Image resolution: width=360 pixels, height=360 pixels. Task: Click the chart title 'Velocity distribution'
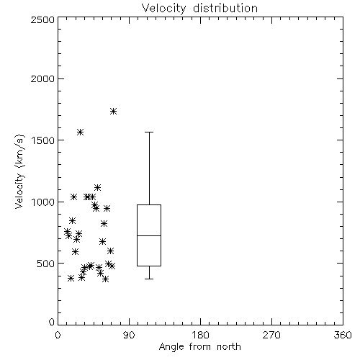[199, 9]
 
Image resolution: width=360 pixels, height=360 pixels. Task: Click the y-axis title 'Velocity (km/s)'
[19, 171]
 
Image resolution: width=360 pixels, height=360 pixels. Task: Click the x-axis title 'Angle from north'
[199, 347]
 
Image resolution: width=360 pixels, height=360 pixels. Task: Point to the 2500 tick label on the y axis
[43, 19]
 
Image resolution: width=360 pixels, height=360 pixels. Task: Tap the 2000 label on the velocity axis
[43, 78]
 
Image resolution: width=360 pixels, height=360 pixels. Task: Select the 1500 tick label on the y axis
[43, 140]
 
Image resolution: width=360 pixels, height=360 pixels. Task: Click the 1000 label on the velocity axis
[43, 202]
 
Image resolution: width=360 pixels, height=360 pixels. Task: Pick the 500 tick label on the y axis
[46, 264]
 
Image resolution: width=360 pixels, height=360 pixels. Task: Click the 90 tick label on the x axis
[129, 335]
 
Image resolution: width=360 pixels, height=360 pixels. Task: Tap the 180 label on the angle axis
[200, 335]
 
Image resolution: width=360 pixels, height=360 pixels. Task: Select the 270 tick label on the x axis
[271, 335]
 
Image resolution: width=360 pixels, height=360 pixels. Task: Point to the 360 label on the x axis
[343, 335]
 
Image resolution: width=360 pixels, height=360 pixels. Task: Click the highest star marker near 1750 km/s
[113, 112]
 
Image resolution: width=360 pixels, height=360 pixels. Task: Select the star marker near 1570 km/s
[80, 132]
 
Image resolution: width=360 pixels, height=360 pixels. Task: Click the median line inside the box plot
[149, 235]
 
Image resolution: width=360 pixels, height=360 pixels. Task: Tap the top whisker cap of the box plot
[149, 132]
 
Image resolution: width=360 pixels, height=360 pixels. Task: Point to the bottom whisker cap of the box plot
[149, 279]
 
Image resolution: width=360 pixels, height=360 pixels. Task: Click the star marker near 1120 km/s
[97, 187]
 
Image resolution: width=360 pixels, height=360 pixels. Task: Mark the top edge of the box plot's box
[149, 204]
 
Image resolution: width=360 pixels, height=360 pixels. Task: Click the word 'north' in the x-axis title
[229, 347]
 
